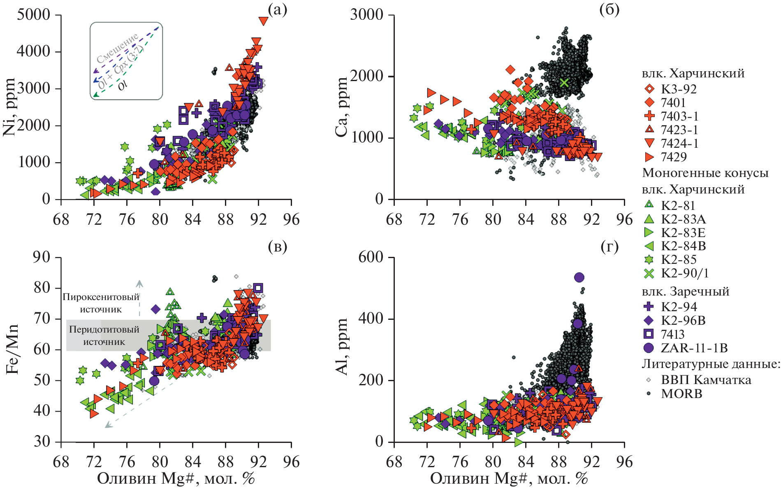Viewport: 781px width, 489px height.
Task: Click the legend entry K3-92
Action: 679,89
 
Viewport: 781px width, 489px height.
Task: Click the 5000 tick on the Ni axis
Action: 34,15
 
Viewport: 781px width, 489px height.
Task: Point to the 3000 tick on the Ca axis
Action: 366,15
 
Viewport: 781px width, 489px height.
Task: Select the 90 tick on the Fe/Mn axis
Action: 42,257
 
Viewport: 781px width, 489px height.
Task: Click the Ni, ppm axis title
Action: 10,107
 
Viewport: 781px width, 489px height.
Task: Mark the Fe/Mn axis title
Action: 12,349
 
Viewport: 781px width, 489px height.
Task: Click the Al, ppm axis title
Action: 342,347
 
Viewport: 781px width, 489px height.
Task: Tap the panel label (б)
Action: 609,9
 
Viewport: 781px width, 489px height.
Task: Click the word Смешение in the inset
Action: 118,48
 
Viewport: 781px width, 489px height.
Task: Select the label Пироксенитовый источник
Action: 101,303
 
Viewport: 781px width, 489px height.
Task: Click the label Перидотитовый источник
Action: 104,335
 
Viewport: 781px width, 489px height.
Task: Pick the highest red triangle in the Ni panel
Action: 263,21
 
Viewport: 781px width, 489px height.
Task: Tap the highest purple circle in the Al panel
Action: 579,277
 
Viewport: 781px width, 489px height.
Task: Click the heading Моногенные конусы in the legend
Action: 705,173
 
